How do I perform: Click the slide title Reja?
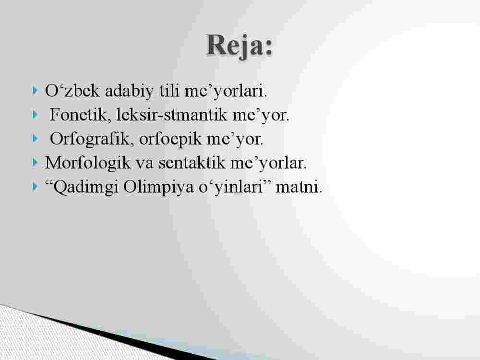[240, 46]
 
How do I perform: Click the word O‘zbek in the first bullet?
[72, 90]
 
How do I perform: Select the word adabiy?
[129, 91]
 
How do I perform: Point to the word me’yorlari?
[226, 91]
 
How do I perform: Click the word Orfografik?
[92, 139]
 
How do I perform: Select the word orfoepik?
[170, 139]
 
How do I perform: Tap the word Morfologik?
[88, 163]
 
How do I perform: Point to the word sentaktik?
[192, 163]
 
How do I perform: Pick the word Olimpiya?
[158, 187]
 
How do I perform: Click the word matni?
[299, 187]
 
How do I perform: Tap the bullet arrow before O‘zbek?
[35, 91]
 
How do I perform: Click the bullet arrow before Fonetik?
[35, 115]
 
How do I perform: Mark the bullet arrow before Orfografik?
[35, 139]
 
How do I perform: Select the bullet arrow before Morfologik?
[35, 163]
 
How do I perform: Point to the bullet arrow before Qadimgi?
[35, 187]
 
